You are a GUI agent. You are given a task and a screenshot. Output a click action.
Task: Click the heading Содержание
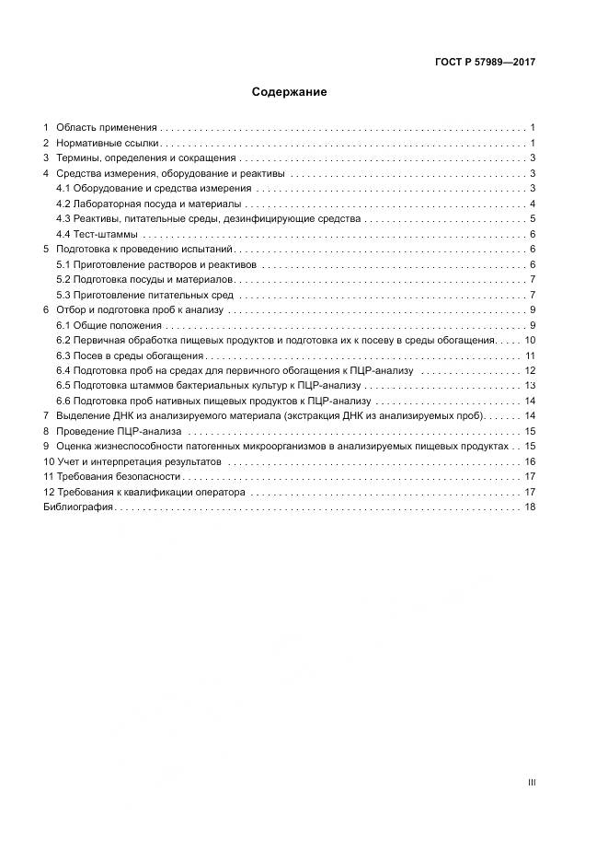click(290, 92)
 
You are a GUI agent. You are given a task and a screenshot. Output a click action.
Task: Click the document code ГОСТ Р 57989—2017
click(485, 62)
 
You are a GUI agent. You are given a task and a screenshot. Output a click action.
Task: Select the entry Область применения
click(107, 127)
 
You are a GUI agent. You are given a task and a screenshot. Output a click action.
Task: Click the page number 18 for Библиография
click(530, 507)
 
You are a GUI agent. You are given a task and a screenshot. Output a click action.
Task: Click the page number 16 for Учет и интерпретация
click(530, 461)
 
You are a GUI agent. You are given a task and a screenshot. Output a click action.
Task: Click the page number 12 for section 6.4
click(530, 370)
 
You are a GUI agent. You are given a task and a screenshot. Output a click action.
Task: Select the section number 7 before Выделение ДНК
click(46, 416)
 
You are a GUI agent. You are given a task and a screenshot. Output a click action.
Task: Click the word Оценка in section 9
click(74, 446)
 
